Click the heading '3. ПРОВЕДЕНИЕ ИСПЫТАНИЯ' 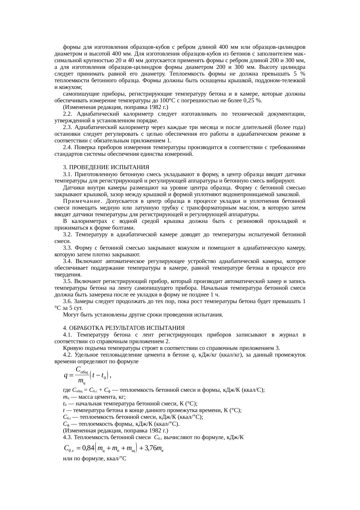point(106,167)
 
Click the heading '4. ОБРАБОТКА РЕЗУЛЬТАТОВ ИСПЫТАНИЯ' point(124,328)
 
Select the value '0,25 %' point(254,101)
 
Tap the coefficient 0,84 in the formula point(88,448)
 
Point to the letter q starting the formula point(66,375)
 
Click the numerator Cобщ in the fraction point(81,370)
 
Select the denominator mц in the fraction point(82,381)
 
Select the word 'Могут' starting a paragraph point(70,315)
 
